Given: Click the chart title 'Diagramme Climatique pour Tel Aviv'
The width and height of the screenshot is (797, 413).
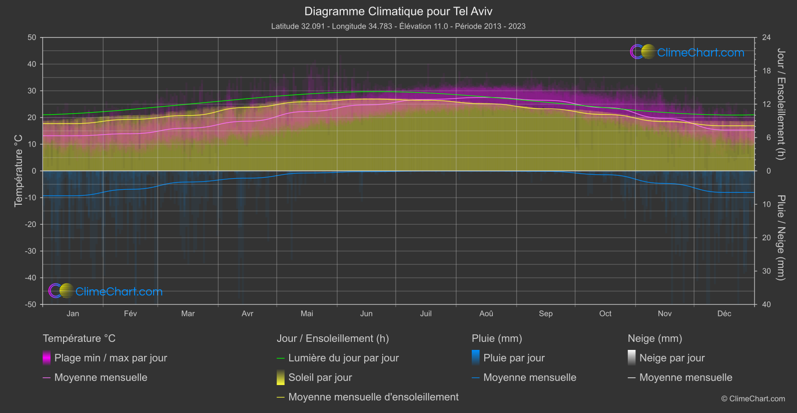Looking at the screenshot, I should tap(398, 11).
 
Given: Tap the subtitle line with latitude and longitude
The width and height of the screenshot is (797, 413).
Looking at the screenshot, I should tap(398, 26).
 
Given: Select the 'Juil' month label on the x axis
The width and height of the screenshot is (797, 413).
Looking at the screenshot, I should tap(426, 313).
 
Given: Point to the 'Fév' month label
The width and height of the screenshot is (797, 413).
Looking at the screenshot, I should tap(130, 313).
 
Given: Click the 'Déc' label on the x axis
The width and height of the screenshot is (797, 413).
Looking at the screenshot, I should tap(724, 313).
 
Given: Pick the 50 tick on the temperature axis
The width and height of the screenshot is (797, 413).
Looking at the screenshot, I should tap(32, 38).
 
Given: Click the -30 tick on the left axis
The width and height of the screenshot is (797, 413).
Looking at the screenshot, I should tap(31, 251).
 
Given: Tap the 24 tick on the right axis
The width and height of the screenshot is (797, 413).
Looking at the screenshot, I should tap(766, 38).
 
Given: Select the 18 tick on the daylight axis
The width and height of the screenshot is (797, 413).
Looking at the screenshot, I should tap(766, 71).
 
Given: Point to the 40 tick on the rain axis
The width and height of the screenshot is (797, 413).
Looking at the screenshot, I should tap(766, 304).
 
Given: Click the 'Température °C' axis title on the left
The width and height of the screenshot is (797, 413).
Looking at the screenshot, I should tap(19, 170).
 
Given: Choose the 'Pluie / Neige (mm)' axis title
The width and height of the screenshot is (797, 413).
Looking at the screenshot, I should tap(780, 238).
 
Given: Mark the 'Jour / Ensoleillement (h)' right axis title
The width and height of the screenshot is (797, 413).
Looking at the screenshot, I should tap(780, 104).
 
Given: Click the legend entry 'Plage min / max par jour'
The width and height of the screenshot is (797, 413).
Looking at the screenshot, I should tap(111, 358).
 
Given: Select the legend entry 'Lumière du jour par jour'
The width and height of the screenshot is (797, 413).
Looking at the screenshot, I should tap(343, 358).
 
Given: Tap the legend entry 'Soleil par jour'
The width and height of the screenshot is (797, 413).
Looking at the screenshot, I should tap(320, 377).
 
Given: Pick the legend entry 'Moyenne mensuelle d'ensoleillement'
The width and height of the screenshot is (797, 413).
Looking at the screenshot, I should tap(373, 397).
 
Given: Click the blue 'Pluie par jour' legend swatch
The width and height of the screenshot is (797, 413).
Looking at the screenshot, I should tap(476, 357).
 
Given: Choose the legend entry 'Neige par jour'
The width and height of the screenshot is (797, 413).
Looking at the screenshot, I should tap(672, 358).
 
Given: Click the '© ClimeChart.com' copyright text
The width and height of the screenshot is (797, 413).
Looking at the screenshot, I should tap(753, 398).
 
